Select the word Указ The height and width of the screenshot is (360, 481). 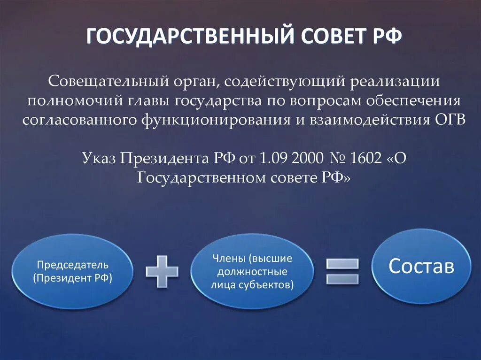coord(99,158)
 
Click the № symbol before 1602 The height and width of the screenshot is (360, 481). coord(335,158)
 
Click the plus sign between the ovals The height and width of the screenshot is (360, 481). coord(162,271)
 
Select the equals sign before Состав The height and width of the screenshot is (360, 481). coord(342,271)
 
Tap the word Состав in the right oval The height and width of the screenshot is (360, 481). coord(421,266)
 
